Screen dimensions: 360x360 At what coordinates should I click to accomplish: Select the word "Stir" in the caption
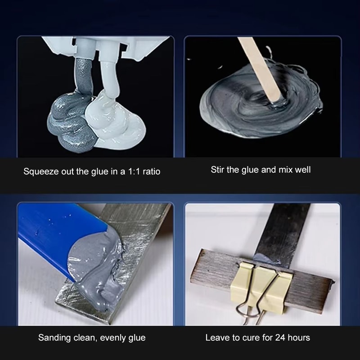click(x=218, y=170)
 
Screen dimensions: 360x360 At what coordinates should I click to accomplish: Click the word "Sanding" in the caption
click(x=54, y=337)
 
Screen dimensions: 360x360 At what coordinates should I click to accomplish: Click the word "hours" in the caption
click(x=299, y=337)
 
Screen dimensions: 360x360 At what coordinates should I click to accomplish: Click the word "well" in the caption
click(x=302, y=170)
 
